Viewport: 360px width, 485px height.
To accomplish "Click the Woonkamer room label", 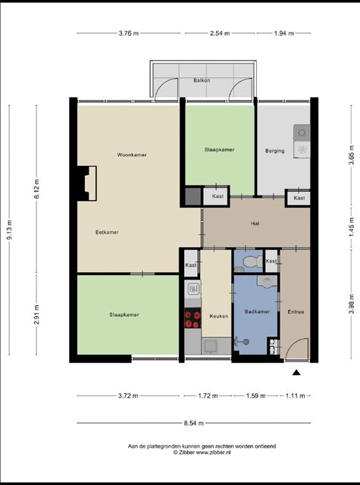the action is [132, 155].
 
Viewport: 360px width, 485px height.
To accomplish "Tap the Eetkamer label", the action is [107, 233].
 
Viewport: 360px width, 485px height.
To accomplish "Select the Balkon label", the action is [202, 80].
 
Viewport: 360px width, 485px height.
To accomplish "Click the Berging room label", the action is [275, 151].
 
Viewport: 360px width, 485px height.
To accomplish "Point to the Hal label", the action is [255, 224].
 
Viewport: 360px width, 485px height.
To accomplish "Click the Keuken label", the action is [219, 316].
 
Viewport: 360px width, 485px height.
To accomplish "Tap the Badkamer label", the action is [258, 311].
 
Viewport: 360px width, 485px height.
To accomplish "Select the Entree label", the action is [296, 311].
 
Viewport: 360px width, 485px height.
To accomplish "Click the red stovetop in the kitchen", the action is [193, 318].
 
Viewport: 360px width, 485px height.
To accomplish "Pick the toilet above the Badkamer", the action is [252, 262].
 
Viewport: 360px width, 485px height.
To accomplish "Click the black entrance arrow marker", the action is [296, 372].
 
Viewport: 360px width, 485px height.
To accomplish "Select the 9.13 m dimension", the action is [10, 230].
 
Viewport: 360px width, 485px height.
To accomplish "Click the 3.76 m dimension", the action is [129, 33].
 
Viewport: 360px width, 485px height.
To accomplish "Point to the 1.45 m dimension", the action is [352, 227].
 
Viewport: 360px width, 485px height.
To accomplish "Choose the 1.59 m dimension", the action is [255, 396].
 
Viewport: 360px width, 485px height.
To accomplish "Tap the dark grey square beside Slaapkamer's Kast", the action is [193, 196].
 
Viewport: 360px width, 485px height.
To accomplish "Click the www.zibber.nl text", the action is [214, 452].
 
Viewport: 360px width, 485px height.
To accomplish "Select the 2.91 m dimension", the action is [37, 314].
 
